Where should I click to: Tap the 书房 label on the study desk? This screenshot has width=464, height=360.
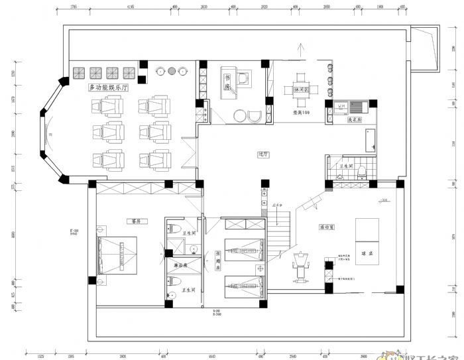coord(227,83)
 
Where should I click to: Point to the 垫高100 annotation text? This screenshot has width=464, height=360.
coord(302,112)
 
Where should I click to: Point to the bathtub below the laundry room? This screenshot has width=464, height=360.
coord(369,139)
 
